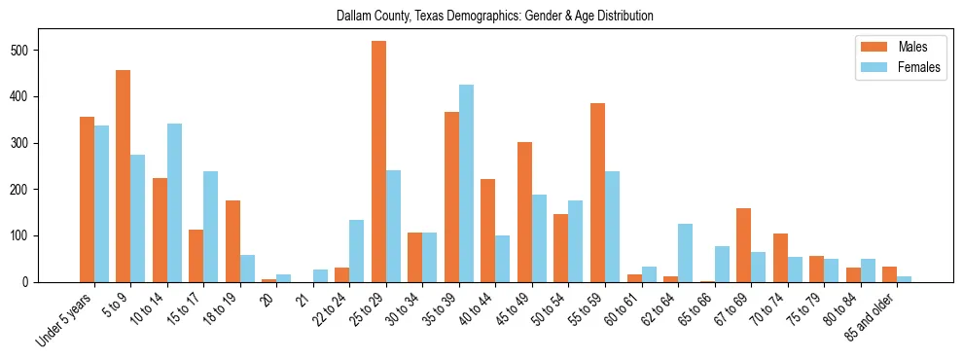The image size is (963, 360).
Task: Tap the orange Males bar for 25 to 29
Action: [378, 162]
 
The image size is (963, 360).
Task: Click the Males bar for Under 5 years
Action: [87, 199]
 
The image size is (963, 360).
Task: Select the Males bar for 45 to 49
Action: [524, 212]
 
